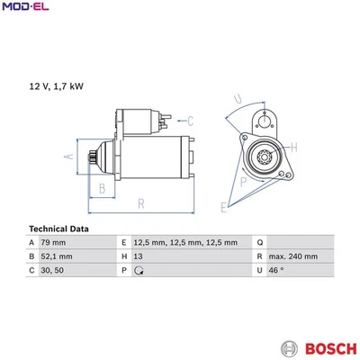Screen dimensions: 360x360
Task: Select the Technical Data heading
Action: click(58, 229)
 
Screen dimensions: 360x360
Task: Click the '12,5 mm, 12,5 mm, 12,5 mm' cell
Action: click(185, 243)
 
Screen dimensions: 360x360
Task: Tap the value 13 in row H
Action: click(137, 256)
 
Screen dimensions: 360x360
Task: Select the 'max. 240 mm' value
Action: click(293, 256)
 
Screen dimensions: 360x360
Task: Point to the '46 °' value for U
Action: click(277, 270)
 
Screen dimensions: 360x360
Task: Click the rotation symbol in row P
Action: click(138, 270)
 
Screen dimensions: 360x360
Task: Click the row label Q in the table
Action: click(259, 243)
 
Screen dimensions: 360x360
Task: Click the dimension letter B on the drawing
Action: click(103, 188)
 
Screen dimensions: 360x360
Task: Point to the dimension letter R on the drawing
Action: click(141, 204)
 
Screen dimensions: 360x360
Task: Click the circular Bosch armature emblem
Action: click(289, 346)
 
